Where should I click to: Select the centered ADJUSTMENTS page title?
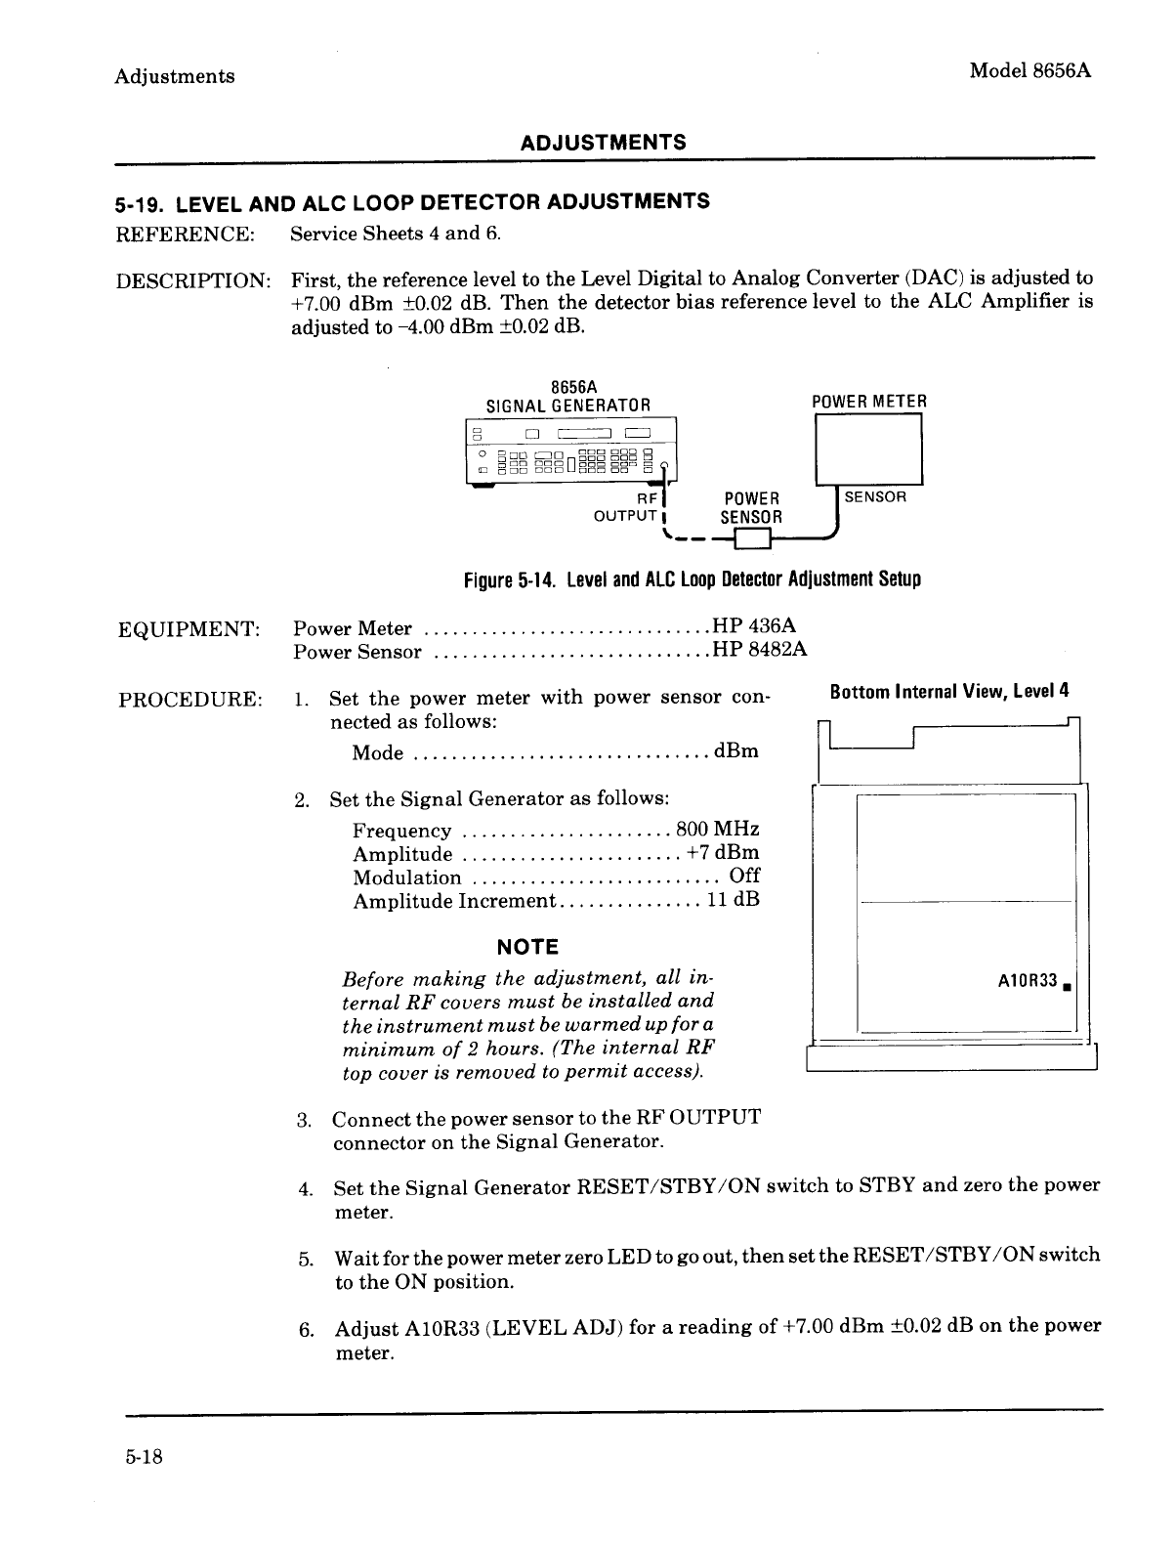click(603, 143)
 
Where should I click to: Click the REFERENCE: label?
click(186, 234)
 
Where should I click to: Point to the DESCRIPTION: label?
click(193, 280)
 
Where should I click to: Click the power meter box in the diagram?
click(869, 449)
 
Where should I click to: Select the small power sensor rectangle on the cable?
click(753, 538)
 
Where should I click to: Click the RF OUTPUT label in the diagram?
click(630, 506)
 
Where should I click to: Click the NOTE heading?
click(527, 946)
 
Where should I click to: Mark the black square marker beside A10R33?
click(1070, 985)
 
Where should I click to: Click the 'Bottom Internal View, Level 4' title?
click(949, 691)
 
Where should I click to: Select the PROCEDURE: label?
click(189, 700)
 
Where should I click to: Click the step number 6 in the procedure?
click(305, 1329)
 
